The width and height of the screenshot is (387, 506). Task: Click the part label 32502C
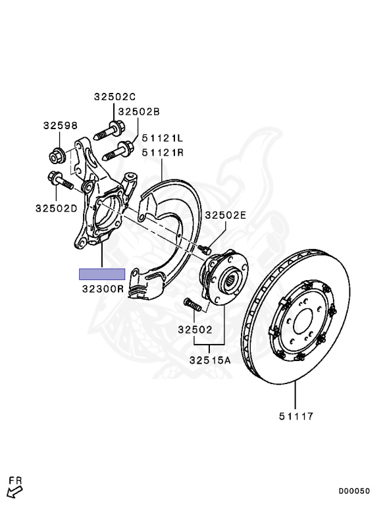(x=115, y=96)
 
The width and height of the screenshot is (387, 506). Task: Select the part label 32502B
(x=139, y=111)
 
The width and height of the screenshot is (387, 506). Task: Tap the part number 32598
(x=61, y=126)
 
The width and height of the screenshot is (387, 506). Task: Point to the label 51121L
(x=162, y=138)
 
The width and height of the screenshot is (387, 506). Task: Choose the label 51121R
(x=163, y=152)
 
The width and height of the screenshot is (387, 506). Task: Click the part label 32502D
(x=57, y=208)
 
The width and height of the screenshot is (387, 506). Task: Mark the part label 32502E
(x=226, y=215)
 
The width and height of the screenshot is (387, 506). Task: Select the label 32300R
(x=103, y=289)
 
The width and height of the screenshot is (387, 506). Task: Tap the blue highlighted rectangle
(x=102, y=274)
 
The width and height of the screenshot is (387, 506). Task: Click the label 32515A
(x=210, y=360)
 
